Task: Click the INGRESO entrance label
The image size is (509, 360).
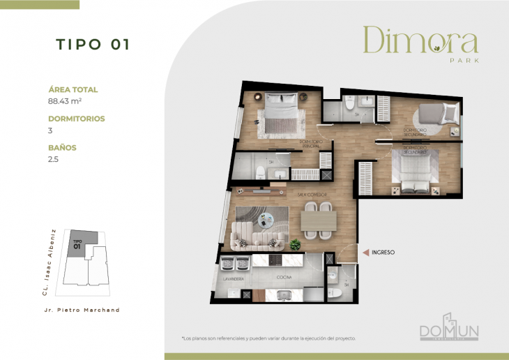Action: (x=383, y=252)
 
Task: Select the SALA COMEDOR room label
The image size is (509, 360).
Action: (x=312, y=195)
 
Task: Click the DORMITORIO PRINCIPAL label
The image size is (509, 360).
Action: (x=310, y=144)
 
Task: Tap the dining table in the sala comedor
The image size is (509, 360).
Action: (x=318, y=221)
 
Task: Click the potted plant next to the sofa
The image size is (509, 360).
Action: (x=296, y=244)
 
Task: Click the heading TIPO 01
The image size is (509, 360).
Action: (x=93, y=45)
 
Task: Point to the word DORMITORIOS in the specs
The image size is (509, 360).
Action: (x=77, y=119)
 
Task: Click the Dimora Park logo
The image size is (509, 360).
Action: (x=420, y=43)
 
